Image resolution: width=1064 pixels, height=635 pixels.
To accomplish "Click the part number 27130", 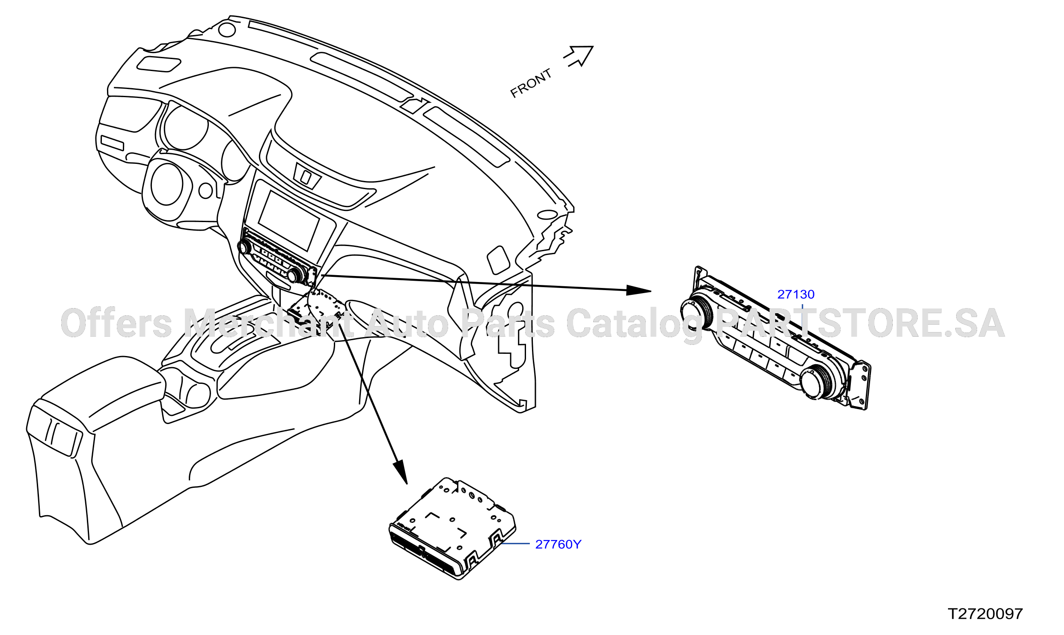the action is click(x=796, y=294).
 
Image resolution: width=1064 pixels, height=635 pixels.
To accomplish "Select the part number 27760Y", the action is click(x=558, y=544).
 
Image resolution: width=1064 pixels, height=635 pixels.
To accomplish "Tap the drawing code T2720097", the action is click(x=985, y=614).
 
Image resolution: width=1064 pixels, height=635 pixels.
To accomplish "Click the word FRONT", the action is click(x=531, y=83).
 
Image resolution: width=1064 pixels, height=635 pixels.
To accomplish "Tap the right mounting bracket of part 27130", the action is click(x=861, y=385).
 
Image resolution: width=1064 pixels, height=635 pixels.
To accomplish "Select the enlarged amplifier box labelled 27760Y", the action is click(x=452, y=528).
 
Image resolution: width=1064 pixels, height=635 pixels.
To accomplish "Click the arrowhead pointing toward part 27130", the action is click(x=639, y=291).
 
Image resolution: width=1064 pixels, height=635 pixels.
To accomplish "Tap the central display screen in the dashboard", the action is click(x=289, y=220).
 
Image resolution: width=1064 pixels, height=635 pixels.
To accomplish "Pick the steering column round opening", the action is click(x=167, y=184).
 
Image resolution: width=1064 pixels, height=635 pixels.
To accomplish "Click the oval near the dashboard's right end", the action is click(x=547, y=214).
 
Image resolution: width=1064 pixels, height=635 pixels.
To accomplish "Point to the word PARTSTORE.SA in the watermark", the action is click(x=861, y=323).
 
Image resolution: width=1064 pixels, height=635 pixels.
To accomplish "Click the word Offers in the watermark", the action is click(x=116, y=323).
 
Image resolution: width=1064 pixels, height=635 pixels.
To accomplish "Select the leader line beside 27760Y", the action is click(x=515, y=543).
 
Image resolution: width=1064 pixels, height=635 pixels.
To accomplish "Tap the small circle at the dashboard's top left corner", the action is click(x=227, y=30).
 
